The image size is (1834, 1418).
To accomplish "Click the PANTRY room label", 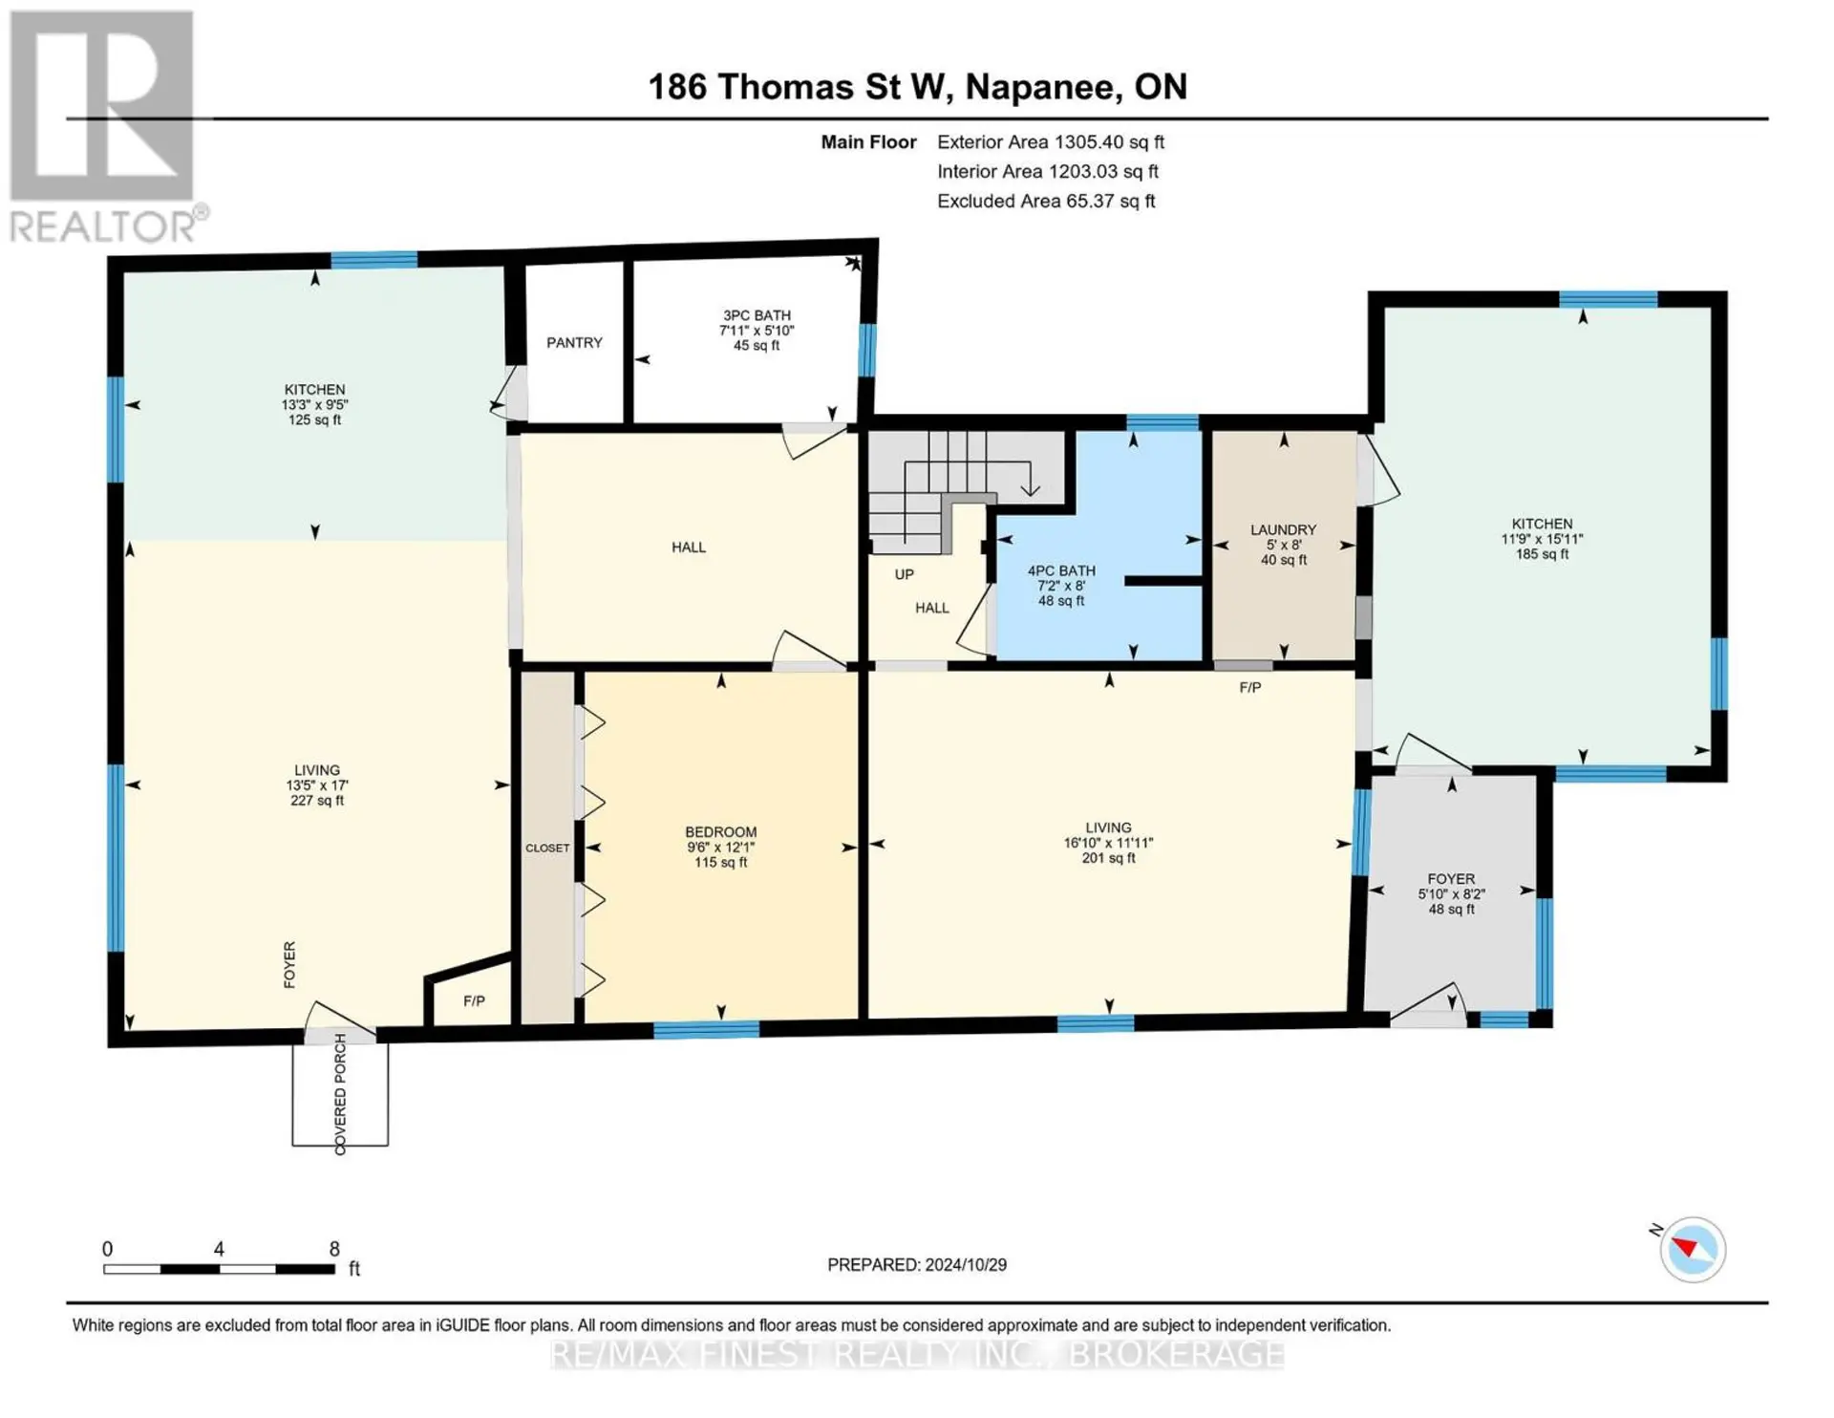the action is (x=574, y=342).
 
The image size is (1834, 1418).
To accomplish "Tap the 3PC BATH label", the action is (x=757, y=315).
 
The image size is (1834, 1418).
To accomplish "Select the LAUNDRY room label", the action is (x=1284, y=529).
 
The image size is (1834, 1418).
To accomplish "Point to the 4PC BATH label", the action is (x=1061, y=570).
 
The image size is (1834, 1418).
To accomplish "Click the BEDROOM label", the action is (x=721, y=832).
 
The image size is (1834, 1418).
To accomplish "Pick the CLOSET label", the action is (x=547, y=848).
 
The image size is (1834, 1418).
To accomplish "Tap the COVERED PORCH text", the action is (x=340, y=1094).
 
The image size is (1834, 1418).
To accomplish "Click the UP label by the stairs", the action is (x=905, y=574).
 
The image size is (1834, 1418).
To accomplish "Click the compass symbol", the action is (x=1693, y=1249).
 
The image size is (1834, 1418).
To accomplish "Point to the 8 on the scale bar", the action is (x=334, y=1249).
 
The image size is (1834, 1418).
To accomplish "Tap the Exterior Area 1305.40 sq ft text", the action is (x=1051, y=142).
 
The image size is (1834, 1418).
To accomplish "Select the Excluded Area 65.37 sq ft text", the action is (x=1046, y=201).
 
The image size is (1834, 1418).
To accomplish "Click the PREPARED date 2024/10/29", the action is (x=965, y=1264).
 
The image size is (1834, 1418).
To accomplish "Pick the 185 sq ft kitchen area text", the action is (x=1542, y=554).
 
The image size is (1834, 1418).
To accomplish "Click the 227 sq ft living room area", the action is (x=317, y=801).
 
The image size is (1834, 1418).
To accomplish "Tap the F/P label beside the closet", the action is (x=474, y=1000).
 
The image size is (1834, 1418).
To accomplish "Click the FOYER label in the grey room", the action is (x=1451, y=879).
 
